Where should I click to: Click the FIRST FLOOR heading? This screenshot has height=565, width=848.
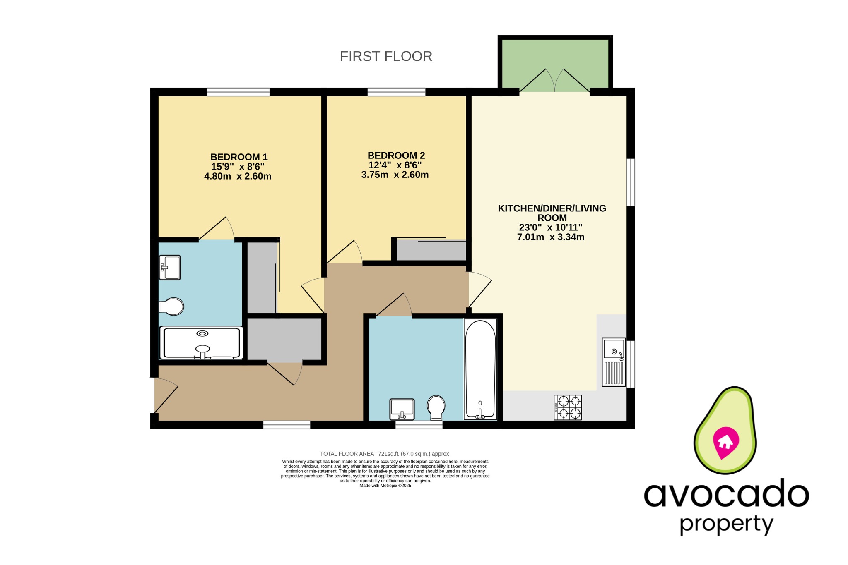[x=386, y=56]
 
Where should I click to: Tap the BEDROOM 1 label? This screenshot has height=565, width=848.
[x=239, y=157]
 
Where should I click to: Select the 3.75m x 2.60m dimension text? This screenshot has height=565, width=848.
[x=395, y=175]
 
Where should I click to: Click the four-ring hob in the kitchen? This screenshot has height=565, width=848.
[x=568, y=407]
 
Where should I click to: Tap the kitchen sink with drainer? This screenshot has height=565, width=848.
[x=613, y=362]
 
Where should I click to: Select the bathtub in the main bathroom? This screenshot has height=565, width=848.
[x=480, y=369]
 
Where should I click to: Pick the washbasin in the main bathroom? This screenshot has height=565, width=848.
[x=402, y=409]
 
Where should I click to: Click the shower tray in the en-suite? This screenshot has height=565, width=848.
[x=202, y=343]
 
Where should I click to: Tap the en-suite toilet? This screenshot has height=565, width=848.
[x=172, y=306]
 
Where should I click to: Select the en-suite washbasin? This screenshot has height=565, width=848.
[x=170, y=267]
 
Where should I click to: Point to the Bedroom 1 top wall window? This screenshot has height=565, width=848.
[x=238, y=92]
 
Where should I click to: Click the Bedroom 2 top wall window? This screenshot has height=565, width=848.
[x=396, y=92]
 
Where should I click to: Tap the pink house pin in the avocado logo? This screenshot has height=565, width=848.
[x=725, y=442]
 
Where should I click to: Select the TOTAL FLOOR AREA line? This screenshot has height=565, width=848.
[x=385, y=454]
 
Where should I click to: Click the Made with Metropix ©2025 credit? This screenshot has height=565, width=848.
[x=385, y=486]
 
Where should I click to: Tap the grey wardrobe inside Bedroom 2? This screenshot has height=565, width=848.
[x=431, y=250]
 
